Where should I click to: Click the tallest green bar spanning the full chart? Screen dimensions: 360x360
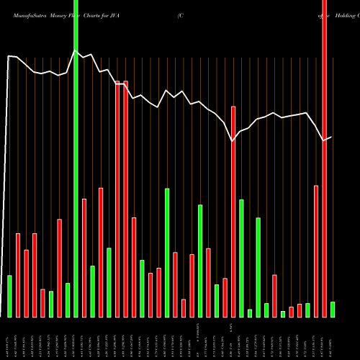pyautogui.click(x=76, y=180)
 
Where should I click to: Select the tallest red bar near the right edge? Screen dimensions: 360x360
pyautogui.click(x=325, y=158)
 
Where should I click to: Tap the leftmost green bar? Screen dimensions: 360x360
pyautogui.click(x=9, y=296)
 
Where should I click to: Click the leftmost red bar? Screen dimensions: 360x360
pyautogui.click(x=18, y=275)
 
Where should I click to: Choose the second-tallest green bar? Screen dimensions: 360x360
pyautogui.click(x=167, y=252)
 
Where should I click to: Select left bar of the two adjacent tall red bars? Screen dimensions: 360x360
pyautogui.click(x=117, y=199)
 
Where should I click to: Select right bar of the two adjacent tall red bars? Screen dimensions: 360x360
pyautogui.click(x=126, y=199)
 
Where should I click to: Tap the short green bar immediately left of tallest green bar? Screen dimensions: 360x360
pyautogui.click(x=68, y=300)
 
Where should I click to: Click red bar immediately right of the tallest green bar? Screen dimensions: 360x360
pyautogui.click(x=84, y=258)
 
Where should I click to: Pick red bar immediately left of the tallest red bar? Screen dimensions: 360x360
pyautogui.click(x=316, y=251)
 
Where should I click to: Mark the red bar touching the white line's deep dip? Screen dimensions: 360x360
pyautogui.click(x=233, y=212)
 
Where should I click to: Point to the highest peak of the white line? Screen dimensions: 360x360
pyautogui.click(x=76, y=50)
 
